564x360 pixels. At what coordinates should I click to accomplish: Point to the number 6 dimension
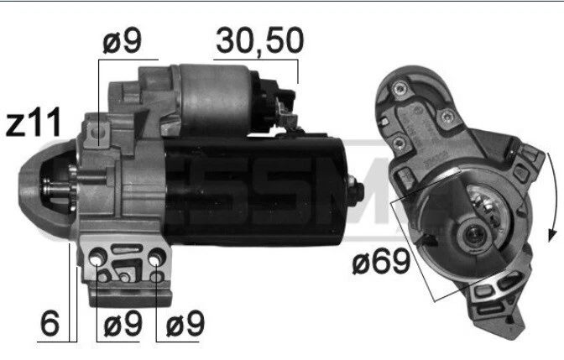point(50,323)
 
